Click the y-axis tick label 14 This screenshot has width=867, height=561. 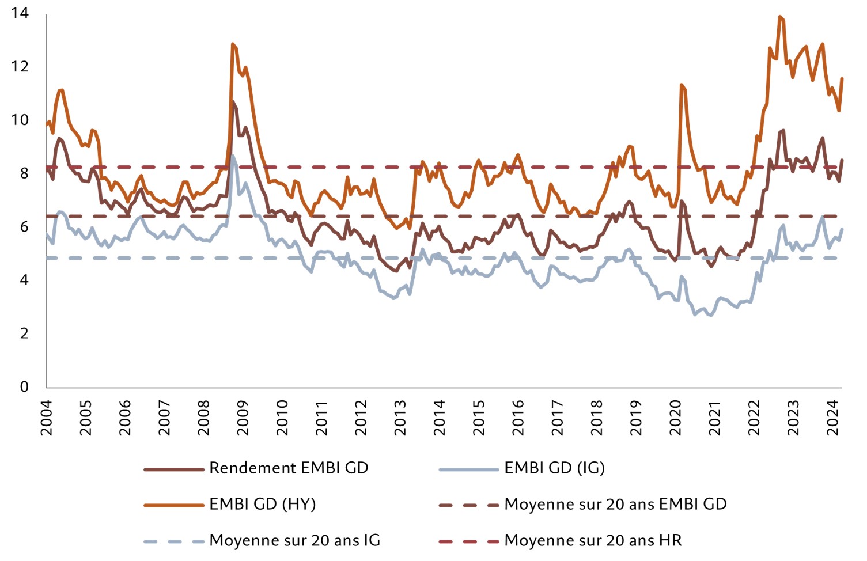20,13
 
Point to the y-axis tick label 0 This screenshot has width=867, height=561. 24,386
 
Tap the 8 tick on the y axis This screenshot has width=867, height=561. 24,173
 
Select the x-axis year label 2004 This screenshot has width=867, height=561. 46,418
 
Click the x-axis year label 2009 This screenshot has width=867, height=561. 243,418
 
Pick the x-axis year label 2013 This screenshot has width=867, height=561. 400,418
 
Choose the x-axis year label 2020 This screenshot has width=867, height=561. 675,418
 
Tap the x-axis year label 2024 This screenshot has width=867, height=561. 832,418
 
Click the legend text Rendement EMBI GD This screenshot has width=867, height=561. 289,468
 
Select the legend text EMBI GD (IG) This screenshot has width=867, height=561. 554,468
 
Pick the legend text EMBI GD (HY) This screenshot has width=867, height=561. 262,504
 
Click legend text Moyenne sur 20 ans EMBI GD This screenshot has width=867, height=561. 615,504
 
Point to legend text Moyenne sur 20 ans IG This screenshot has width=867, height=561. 294,540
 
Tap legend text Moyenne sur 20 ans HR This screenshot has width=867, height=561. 593,540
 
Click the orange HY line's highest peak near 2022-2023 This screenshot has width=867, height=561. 780,17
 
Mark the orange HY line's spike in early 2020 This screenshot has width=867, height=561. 681,85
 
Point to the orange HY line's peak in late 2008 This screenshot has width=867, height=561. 232,44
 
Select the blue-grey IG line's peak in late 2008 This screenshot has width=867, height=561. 232,155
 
